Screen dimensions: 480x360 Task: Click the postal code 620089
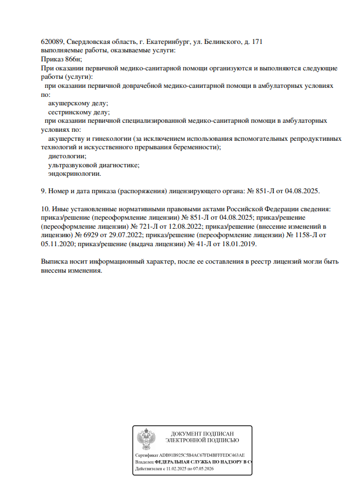click(x=52, y=42)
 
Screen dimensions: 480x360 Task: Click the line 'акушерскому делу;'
click(x=78, y=103)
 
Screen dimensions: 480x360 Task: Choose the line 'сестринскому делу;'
click(x=79, y=112)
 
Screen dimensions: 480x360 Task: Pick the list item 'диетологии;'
click(x=68, y=156)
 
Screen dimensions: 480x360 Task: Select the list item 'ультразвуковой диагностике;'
click(x=94, y=165)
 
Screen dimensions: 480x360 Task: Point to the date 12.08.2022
click(x=186, y=226)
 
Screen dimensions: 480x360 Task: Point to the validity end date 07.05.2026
click(x=203, y=468)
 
